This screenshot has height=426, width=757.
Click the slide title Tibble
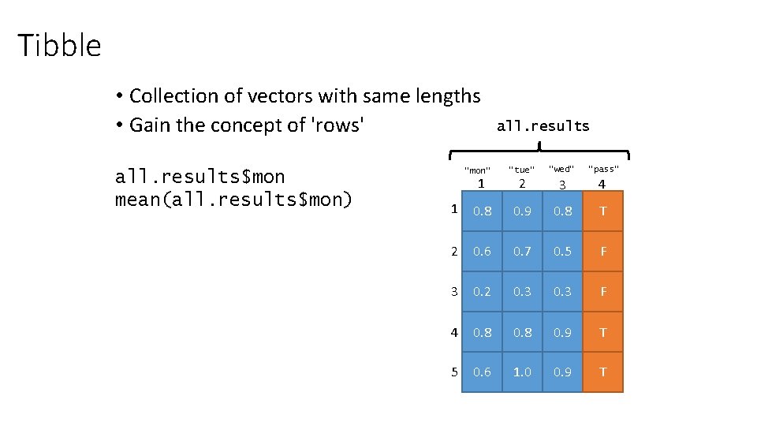60,46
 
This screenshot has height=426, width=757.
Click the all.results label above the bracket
543,125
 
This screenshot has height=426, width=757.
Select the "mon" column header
478,170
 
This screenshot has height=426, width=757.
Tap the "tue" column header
521,170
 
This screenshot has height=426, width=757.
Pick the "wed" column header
561,170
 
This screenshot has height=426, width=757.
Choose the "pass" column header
603,170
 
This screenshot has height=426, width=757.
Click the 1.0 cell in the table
522,372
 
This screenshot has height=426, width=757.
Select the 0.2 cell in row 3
482,291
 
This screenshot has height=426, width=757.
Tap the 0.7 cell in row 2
522,251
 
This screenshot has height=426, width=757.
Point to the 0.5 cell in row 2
562,251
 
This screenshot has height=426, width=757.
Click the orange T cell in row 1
603,211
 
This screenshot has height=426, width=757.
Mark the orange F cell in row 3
603,291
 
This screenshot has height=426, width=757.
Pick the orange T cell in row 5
603,372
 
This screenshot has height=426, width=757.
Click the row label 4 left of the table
454,331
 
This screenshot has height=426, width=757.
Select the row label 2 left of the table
454,251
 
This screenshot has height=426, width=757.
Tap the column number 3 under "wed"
562,185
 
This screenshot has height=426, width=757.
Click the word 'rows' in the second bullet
338,125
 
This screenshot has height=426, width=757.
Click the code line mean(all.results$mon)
233,199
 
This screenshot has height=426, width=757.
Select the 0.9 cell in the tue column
522,211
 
